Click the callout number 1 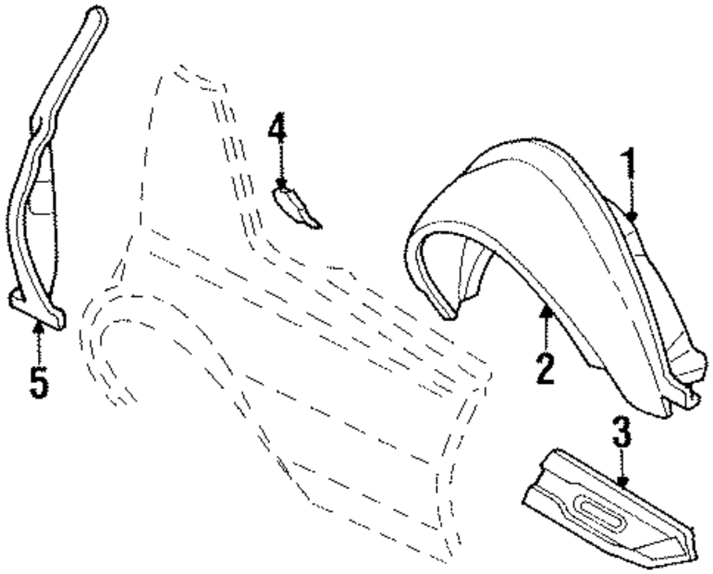[628, 165]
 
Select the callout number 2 [545, 367]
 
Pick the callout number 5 [39, 383]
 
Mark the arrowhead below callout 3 [623, 482]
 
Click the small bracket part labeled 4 [296, 207]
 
